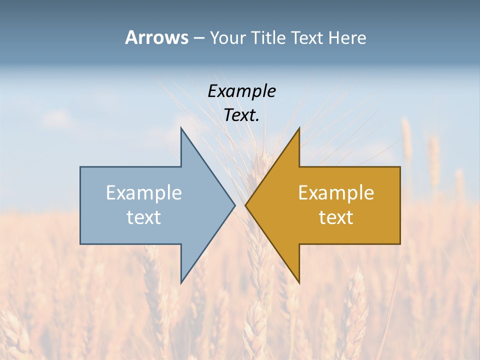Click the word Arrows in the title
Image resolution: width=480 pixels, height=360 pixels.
tap(156, 37)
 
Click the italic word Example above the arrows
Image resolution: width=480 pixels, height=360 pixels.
tap(241, 91)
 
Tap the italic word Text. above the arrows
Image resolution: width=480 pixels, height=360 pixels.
tap(241, 115)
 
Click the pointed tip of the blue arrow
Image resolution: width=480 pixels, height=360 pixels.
tap(235, 205)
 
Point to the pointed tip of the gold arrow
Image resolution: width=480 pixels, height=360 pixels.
tap(245, 205)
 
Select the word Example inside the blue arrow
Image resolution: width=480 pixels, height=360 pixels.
tap(144, 192)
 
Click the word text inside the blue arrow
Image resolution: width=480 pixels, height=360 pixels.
tap(144, 217)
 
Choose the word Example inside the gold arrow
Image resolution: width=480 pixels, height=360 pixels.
tap(336, 192)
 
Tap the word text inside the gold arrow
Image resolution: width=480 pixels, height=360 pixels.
tap(336, 217)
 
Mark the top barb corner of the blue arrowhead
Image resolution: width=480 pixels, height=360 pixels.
tap(181, 128)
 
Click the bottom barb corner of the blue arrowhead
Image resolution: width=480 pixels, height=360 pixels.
tap(181, 282)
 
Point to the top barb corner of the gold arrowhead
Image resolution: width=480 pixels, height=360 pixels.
tap(299, 128)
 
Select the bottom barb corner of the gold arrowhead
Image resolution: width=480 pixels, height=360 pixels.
tap(299, 282)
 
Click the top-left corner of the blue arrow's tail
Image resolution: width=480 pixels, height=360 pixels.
tap(80, 167)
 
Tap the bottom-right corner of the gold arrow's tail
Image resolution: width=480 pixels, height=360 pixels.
tap(400, 244)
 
